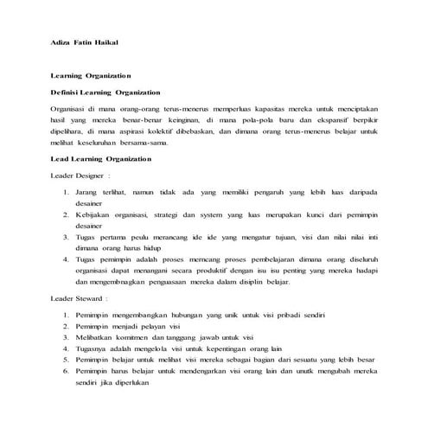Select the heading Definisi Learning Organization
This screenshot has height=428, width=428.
(106, 91)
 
